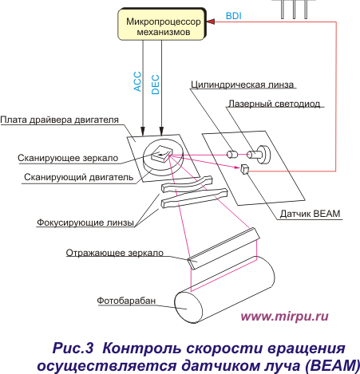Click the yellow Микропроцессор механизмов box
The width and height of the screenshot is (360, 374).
coord(162,25)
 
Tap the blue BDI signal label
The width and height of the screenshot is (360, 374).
coord(234,16)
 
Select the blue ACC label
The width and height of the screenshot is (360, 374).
coord(137,81)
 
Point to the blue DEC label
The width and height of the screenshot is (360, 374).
coord(156,85)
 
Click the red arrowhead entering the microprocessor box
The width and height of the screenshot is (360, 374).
coord(211,22)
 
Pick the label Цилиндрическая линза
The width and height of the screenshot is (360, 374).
coord(243,85)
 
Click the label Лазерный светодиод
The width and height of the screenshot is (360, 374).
coord(275,104)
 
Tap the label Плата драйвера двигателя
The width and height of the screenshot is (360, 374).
coord(60,120)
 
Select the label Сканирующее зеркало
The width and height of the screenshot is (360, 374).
coord(68,158)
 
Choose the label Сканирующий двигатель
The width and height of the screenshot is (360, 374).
coord(79,177)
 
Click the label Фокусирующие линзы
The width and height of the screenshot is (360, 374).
coord(85,222)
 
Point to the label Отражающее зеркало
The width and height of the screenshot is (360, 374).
coord(115,253)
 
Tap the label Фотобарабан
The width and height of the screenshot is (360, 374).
coord(126,301)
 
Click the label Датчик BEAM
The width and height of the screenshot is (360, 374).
coord(311,214)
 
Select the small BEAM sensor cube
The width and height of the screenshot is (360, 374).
coord(244,169)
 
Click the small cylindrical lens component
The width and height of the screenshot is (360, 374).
coord(231,154)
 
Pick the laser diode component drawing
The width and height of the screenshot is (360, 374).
coord(259,155)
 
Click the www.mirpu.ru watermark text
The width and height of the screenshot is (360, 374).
coord(284,317)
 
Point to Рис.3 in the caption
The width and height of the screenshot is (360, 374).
coord(73,348)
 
